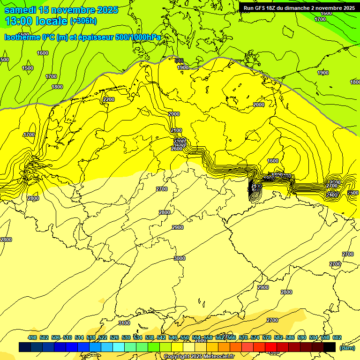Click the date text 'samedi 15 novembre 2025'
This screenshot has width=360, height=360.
pyautogui.click(x=61, y=10)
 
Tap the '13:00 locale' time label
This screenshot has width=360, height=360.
pyautogui.click(x=36, y=21)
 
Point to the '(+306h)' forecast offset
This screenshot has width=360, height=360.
pyautogui.click(x=83, y=21)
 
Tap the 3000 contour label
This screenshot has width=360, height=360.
pyautogui.click(x=180, y=258)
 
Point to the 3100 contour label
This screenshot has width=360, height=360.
pyautogui.click(x=124, y=323)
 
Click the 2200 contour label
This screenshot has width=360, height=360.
pyautogui.click(x=109, y=99)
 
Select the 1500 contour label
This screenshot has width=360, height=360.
pyautogui.click(x=28, y=68)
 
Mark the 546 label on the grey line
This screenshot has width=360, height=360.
pyautogui.click(x=179, y=60)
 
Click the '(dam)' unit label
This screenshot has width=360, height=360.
pyautogui.click(x=347, y=347)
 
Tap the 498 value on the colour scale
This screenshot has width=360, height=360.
pyautogui.click(x=32, y=337)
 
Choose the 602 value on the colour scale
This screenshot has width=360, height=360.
pyautogui.click(x=337, y=337)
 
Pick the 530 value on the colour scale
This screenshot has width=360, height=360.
pyautogui.click(x=126, y=337)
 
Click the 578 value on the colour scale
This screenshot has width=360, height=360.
pyautogui.click(x=267, y=337)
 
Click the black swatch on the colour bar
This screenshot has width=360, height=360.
pyautogui.click(x=330, y=347)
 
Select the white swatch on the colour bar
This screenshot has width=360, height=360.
pyautogui.click(x=189, y=347)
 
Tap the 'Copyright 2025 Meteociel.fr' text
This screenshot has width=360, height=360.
pyautogui.click(x=199, y=356)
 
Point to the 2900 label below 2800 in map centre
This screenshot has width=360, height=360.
pyautogui.click(x=178, y=227)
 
